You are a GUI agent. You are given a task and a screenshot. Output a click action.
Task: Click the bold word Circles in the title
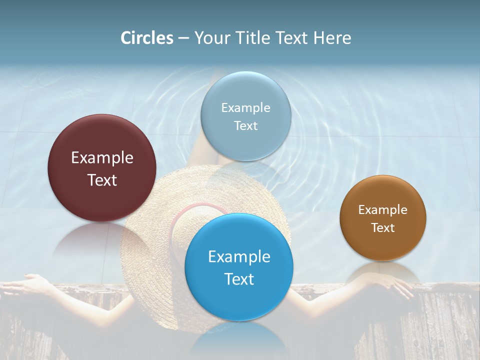point(146,38)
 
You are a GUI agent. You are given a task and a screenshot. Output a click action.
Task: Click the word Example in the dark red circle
point(102,158)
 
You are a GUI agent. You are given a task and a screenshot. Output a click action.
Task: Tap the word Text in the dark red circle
point(102,180)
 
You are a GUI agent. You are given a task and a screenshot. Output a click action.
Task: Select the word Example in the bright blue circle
point(239,257)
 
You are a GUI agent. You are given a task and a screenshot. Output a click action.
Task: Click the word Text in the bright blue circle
point(239,279)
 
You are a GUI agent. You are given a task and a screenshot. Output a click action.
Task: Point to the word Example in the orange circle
point(383,210)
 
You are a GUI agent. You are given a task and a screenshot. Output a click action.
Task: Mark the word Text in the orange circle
point(383,228)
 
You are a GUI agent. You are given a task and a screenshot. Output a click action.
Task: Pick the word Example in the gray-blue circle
point(245,108)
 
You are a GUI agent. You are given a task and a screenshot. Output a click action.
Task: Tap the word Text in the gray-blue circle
point(245,126)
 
